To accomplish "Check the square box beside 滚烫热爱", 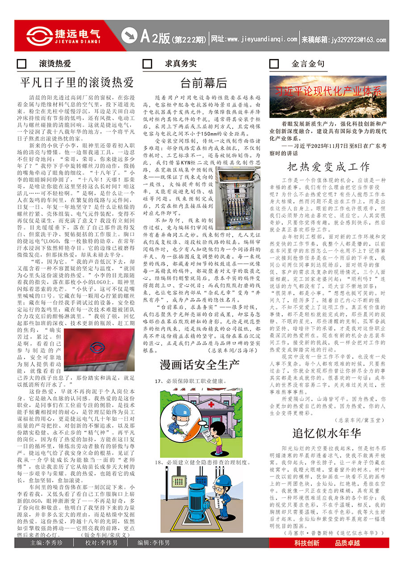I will click(x=21, y=64).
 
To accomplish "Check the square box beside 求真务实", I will click(x=147, y=64).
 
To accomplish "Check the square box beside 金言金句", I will click(x=274, y=64).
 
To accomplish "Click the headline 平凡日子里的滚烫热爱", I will click(x=77, y=83).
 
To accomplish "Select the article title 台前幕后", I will click(x=204, y=83).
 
